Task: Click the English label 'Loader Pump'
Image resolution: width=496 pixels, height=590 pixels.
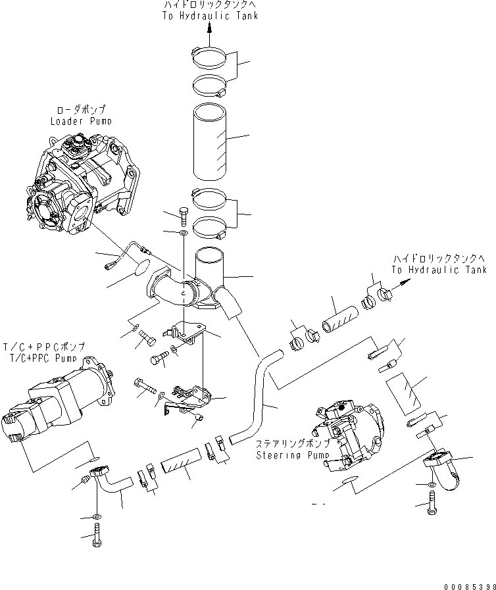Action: pyautogui.click(x=81, y=121)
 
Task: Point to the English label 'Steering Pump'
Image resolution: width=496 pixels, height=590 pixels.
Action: pyautogui.click(x=287, y=455)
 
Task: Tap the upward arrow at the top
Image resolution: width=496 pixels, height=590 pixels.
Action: pyautogui.click(x=210, y=27)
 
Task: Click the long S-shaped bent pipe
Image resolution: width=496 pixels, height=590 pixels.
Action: pyautogui.click(x=260, y=395)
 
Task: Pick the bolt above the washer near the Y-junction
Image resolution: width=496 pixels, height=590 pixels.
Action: pyautogui.click(x=183, y=216)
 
